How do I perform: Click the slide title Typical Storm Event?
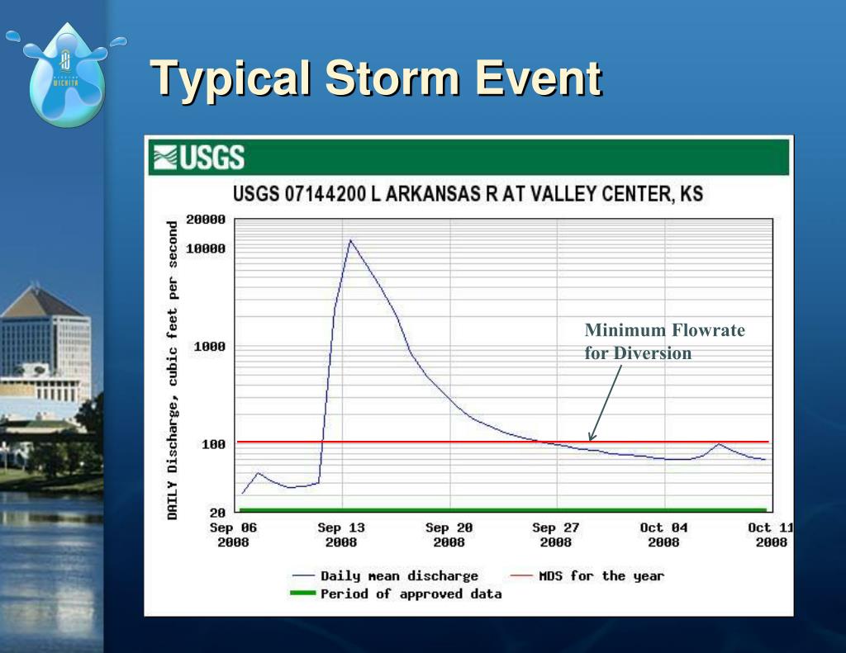pyautogui.click(x=377, y=78)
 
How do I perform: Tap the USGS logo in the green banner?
pyautogui.click(x=197, y=157)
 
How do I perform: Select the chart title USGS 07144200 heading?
pyautogui.click(x=468, y=195)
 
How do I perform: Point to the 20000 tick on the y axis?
pyautogui.click(x=205, y=220)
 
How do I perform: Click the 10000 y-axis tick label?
pyautogui.click(x=205, y=248)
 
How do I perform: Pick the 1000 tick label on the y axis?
pyautogui.click(x=209, y=347)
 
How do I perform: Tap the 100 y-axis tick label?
pyautogui.click(x=213, y=444)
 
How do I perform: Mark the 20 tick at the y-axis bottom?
pyautogui.click(x=216, y=512)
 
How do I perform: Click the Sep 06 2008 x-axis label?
pyautogui.click(x=233, y=535)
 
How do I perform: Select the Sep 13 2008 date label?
pyautogui.click(x=341, y=535)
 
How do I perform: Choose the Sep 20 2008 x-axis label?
pyautogui.click(x=449, y=535)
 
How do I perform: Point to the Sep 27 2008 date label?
pyautogui.click(x=556, y=535)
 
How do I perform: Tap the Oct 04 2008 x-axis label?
pyautogui.click(x=663, y=535)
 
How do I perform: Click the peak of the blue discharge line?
pyautogui.click(x=350, y=241)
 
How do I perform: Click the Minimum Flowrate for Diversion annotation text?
pyautogui.click(x=664, y=342)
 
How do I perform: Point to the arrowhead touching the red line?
pyautogui.click(x=592, y=437)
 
